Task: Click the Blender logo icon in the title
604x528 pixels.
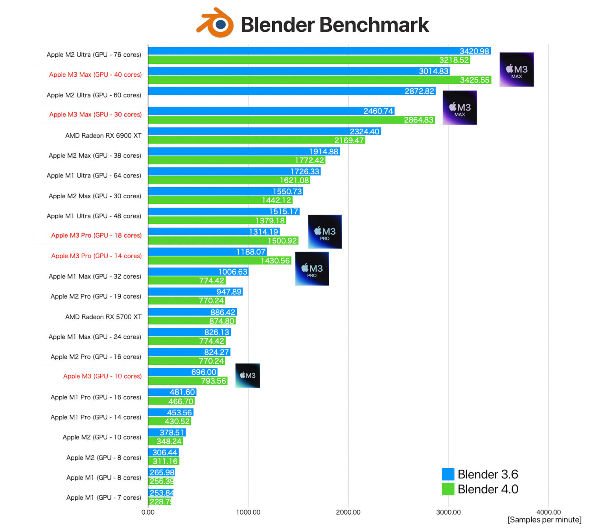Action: click(x=215, y=23)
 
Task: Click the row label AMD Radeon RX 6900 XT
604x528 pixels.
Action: click(x=103, y=136)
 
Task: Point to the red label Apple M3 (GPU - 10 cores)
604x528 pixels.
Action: click(x=102, y=376)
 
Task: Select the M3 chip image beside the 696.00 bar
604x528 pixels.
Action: click(x=248, y=376)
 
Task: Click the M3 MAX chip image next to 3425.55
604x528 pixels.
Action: click(x=516, y=70)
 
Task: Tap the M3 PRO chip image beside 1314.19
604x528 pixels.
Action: click(x=324, y=232)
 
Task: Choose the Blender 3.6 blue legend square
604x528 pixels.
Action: click(x=448, y=474)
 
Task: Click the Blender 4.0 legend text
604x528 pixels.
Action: click(x=488, y=489)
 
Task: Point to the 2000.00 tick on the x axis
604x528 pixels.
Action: click(x=348, y=512)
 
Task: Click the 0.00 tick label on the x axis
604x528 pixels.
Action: click(x=148, y=512)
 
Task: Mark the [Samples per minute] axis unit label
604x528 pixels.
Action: click(x=544, y=520)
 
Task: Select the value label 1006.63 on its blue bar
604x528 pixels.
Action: click(x=233, y=272)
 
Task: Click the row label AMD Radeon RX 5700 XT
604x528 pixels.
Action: click(x=103, y=317)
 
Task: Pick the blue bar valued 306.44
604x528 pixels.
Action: click(x=163, y=452)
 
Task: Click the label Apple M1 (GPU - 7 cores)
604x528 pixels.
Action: click(x=103, y=498)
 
